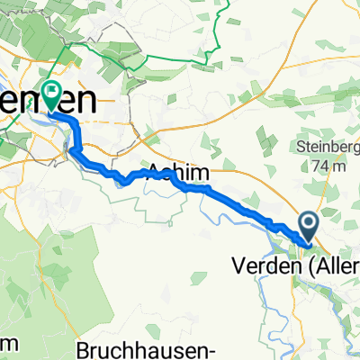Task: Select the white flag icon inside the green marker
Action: tap(51, 91)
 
